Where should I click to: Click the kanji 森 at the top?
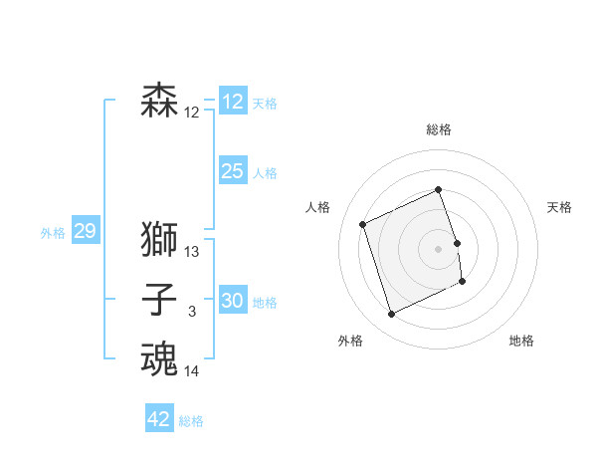[x=159, y=102]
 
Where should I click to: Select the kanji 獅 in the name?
[x=159, y=241]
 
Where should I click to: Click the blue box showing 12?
[x=232, y=102]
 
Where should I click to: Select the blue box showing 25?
[x=232, y=171]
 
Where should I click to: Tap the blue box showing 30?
[x=232, y=301]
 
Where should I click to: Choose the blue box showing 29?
[x=85, y=232]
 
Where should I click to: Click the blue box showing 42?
[x=159, y=419]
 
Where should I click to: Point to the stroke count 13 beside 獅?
[x=192, y=253]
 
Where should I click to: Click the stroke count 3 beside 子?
[x=192, y=313]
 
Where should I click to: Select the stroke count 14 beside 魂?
[x=192, y=372]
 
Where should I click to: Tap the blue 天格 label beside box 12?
[x=265, y=104]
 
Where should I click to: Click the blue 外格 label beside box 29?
[x=53, y=233]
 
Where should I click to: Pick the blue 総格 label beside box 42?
[x=191, y=421]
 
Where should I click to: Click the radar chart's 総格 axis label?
[x=439, y=129]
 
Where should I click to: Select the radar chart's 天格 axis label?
[x=559, y=207]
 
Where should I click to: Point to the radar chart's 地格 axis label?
[x=521, y=341]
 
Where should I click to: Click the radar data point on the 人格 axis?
[x=363, y=224]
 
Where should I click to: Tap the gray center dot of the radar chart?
[x=439, y=248]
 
